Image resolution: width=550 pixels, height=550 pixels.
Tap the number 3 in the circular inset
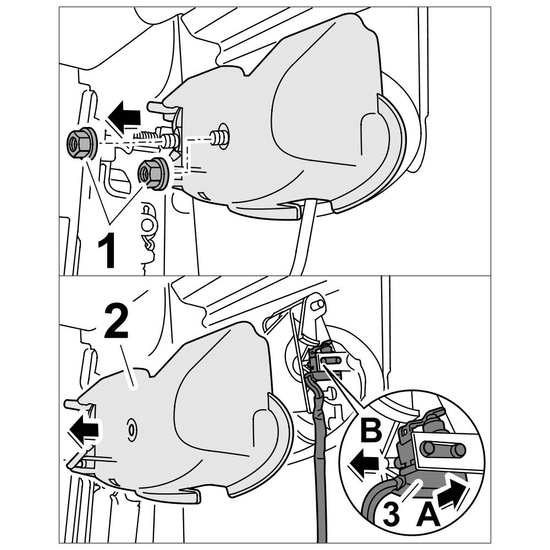[389, 515]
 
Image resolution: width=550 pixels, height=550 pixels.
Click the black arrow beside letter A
[454, 491]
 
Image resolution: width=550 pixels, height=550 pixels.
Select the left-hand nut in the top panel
[81, 144]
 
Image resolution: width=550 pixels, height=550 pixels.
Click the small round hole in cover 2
[133, 428]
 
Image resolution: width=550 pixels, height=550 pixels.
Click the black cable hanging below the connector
[320, 468]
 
